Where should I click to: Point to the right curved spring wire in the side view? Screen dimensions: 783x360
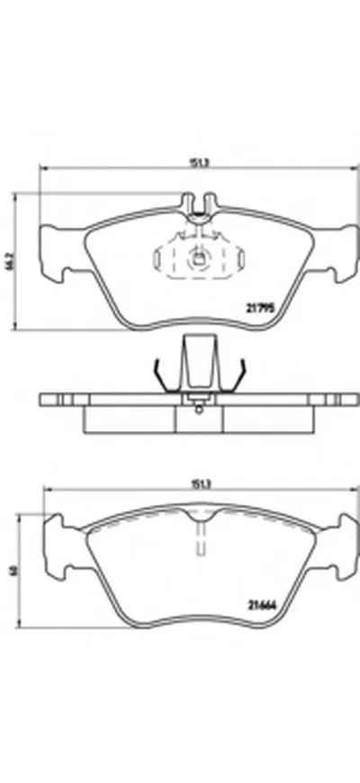coord(239,375)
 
